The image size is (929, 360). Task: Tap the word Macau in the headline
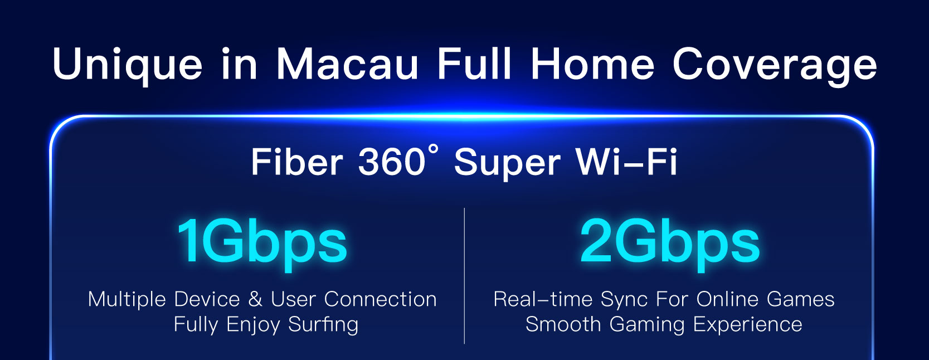click(347, 64)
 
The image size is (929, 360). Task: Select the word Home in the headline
click(592, 64)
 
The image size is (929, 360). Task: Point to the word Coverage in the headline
click(774, 66)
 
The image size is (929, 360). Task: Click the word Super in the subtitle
click(507, 164)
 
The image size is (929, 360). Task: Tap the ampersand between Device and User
click(255, 299)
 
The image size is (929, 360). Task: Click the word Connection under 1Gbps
click(380, 299)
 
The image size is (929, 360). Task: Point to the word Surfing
click(323, 324)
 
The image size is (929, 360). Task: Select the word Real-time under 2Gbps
click(543, 299)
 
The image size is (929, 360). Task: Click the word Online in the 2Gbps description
click(727, 299)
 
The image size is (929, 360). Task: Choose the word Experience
click(747, 325)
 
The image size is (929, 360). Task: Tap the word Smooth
click(563, 324)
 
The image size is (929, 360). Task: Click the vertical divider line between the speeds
click(465, 276)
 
